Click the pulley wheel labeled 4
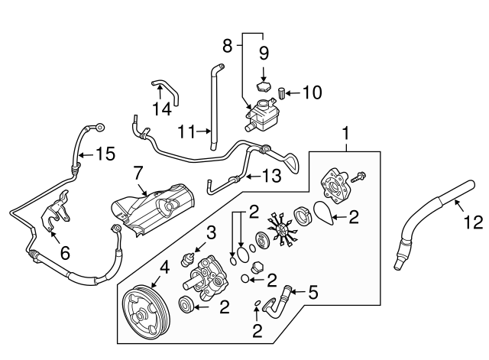coord(146,313)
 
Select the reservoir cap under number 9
coord(263,86)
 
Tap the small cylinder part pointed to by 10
coord(282,93)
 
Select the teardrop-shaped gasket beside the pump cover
coord(324,213)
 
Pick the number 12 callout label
coord(473,222)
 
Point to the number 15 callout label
coord(105,154)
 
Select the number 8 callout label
coord(228,47)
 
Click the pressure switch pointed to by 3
coord(187,259)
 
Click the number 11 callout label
coord(186,131)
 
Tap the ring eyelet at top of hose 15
coord(100,127)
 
